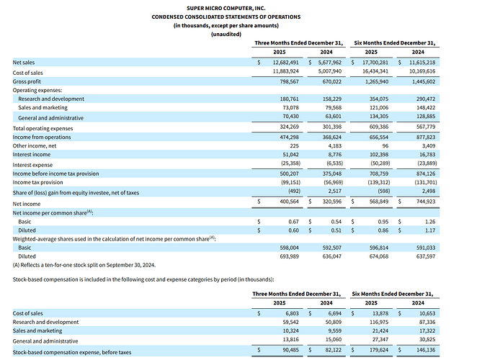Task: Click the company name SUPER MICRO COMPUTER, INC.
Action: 226,9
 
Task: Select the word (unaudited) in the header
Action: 226,34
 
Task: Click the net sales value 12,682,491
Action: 285,63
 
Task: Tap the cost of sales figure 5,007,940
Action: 330,71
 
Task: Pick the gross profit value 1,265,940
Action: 377,81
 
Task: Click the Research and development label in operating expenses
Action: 51,99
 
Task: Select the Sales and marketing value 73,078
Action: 290,107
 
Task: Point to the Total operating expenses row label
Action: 43,128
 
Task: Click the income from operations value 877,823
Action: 426,137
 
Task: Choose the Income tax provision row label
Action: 37,182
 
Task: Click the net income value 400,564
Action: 289,202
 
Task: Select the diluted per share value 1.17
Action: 430,230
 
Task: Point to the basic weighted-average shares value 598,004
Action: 289,248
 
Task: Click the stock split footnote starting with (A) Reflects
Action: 84,265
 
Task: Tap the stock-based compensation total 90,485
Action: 291,350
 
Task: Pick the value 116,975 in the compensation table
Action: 379,322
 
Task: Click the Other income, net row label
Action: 35,146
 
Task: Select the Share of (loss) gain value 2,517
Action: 335,191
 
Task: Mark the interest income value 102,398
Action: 379,155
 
